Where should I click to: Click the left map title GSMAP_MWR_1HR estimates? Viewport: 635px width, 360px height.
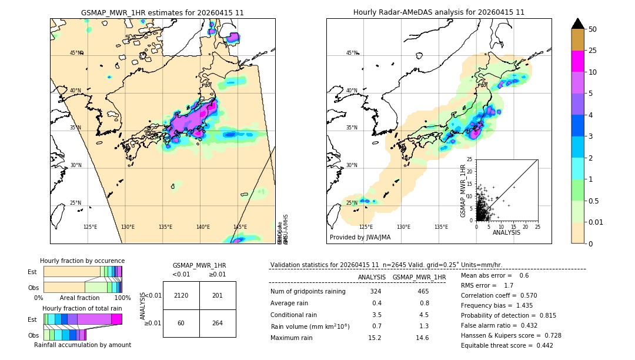tap(162, 12)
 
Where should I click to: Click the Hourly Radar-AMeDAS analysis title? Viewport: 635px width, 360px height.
tap(439, 12)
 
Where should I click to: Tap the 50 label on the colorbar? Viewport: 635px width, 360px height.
tap(593, 29)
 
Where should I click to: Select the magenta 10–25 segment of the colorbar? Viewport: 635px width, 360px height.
tap(577, 61)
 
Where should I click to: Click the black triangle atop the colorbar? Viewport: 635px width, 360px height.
tap(577, 24)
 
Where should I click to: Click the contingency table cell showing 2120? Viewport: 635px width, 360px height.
tap(181, 295)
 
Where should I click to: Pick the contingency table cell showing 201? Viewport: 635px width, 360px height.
tap(218, 295)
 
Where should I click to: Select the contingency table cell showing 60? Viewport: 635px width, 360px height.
tap(181, 323)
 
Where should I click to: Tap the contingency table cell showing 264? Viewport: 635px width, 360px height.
tap(218, 323)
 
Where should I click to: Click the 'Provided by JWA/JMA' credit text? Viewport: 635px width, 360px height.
tap(360, 238)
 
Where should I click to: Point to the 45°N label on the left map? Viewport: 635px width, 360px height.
tap(76, 53)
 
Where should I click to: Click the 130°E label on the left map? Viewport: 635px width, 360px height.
tap(128, 227)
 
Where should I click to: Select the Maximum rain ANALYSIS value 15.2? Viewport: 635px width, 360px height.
tap(375, 338)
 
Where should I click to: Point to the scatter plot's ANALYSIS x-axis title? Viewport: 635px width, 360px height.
tap(506, 232)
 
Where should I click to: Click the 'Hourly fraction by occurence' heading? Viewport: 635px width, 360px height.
tap(82, 261)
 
